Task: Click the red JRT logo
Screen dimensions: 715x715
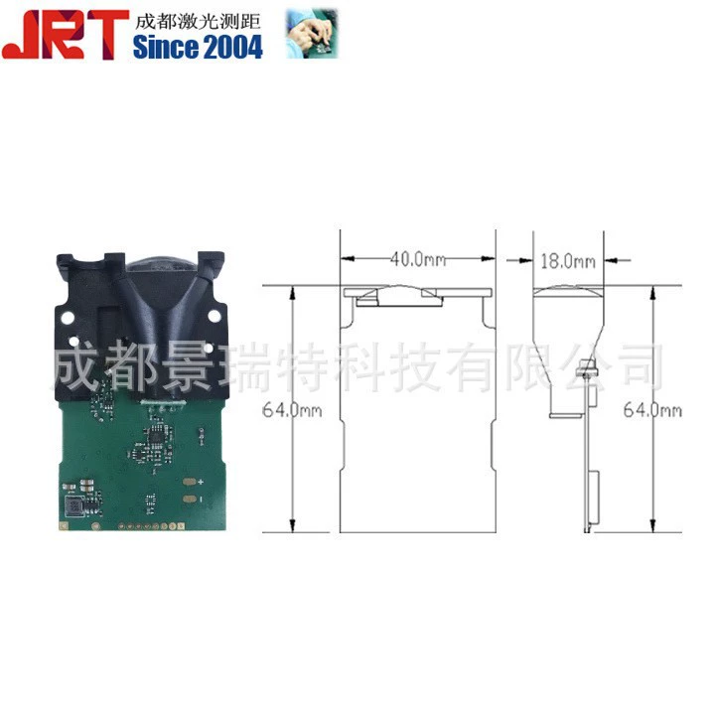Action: pos(66,35)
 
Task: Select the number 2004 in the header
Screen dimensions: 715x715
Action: pos(233,48)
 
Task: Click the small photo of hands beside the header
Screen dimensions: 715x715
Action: pos(312,34)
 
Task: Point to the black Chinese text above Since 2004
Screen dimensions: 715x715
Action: pos(198,22)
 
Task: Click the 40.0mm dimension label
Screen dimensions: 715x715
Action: pos(418,259)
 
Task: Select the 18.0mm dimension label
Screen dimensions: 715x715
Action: pos(568,261)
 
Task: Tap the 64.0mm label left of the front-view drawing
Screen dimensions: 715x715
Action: pos(292,410)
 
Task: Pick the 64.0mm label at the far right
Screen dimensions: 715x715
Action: pos(652,410)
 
